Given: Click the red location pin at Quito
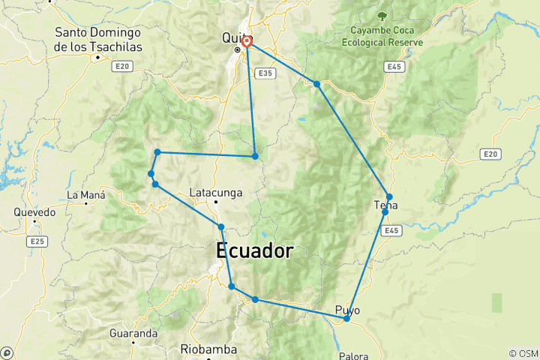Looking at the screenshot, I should coord(246,42).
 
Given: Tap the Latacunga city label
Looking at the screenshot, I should coord(216,192).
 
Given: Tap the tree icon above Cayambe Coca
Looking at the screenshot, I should coord(383,15).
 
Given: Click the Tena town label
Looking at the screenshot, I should coord(385,205).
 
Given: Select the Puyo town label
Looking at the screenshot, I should coord(347,309).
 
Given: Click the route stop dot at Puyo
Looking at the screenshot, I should coord(346,319).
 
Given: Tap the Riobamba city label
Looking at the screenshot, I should coord(208,349).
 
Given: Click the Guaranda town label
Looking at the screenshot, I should coord(133,332).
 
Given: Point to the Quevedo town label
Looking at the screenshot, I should coord(34,212).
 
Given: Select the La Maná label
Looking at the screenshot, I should coord(83,195).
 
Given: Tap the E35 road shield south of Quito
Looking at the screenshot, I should coord(263,73).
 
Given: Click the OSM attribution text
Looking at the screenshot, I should coord(523,353).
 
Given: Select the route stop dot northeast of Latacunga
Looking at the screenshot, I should coord(255,156).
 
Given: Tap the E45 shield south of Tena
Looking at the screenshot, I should coord(389,230).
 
